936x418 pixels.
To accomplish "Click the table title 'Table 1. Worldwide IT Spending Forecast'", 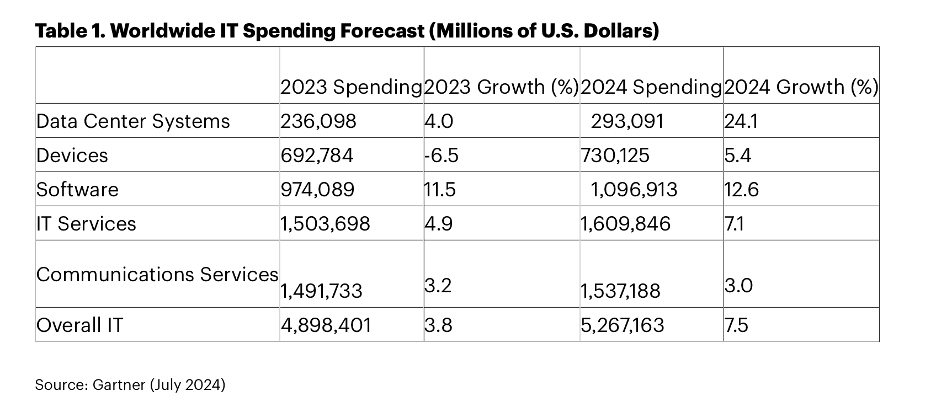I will pos(347,31).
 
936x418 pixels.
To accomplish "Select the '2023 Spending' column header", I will pos(351,87).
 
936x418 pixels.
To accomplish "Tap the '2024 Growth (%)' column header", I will pos(800,87).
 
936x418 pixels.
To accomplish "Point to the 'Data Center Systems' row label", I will pos(133,121).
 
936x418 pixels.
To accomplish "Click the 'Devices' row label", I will pos(72,156).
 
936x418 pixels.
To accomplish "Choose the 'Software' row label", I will pos(78,190).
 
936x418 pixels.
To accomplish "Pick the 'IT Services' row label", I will pos(87,224).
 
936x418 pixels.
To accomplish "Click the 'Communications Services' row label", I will pos(157,275).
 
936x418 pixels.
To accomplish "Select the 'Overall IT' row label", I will pos(80,325).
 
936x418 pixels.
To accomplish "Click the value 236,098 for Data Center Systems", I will pos(318,121).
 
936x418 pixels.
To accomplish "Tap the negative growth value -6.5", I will pos(442,156).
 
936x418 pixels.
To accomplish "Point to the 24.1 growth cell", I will pos(741,121).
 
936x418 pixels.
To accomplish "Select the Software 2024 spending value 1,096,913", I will pos(634,190).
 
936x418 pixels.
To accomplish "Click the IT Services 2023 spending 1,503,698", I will pos(325,224).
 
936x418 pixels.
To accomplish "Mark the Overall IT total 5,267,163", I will pos(623,325).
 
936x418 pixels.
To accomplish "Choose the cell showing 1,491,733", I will pos(321,291).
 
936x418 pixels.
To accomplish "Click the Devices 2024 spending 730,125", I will pos(615,156).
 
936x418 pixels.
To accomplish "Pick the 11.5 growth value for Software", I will pos(440,190).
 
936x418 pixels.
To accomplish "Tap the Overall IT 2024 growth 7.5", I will pos(736,325).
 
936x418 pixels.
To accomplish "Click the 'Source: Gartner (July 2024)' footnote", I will pos(130,384).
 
